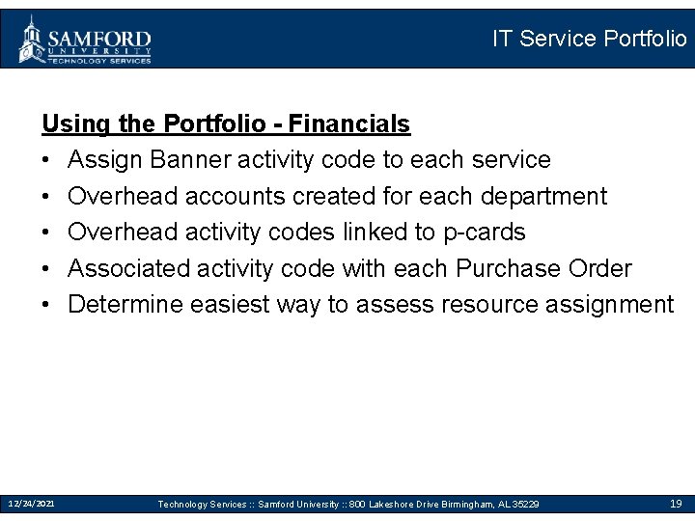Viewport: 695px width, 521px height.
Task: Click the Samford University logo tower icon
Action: (x=32, y=39)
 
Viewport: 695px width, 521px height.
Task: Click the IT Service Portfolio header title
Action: (x=589, y=39)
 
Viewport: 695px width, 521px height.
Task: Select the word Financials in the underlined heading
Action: (x=349, y=124)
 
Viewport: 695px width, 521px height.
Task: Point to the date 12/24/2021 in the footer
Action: (x=32, y=504)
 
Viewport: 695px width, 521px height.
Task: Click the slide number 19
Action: (x=676, y=504)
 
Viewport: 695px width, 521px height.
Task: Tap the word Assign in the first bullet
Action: (x=106, y=160)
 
